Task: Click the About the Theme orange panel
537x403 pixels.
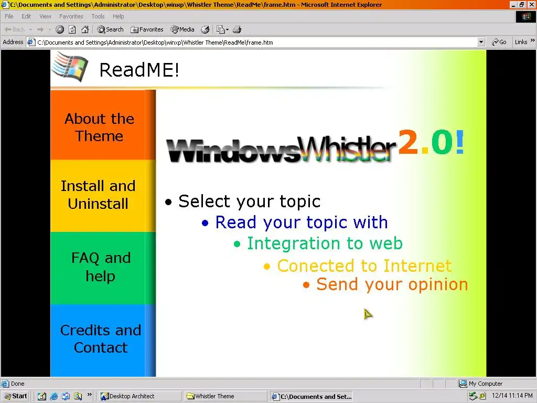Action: [103, 125]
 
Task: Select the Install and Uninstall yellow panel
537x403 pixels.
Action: [103, 196]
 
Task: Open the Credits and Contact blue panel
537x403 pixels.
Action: [103, 340]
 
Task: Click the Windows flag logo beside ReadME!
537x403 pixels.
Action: [70, 67]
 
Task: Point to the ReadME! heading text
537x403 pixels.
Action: [139, 70]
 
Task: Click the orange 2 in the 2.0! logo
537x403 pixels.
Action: [408, 142]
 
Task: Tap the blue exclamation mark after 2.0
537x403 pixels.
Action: [459, 142]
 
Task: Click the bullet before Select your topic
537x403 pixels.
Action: [168, 202]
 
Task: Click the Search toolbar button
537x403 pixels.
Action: [110, 29]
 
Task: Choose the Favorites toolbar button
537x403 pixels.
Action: [147, 29]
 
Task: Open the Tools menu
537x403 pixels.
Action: [98, 16]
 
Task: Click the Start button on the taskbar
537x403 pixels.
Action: [16, 396]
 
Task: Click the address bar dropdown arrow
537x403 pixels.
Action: [481, 42]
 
